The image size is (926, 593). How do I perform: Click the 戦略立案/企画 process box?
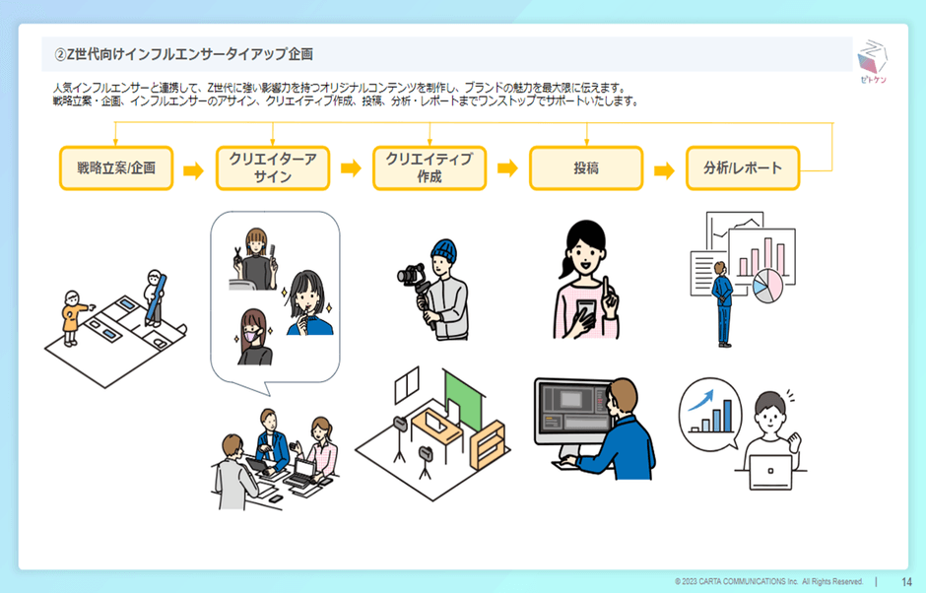tap(115, 168)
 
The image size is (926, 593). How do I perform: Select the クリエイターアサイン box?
tap(272, 168)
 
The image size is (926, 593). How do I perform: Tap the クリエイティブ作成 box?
tap(429, 168)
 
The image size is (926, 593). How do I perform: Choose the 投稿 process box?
tap(586, 168)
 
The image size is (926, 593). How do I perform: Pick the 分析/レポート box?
tap(743, 168)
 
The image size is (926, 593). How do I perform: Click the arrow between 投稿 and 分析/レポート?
tap(664, 169)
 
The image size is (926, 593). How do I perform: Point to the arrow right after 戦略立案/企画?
tap(193, 169)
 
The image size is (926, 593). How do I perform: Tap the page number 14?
tap(906, 581)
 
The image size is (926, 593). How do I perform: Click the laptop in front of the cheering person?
tap(769, 472)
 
